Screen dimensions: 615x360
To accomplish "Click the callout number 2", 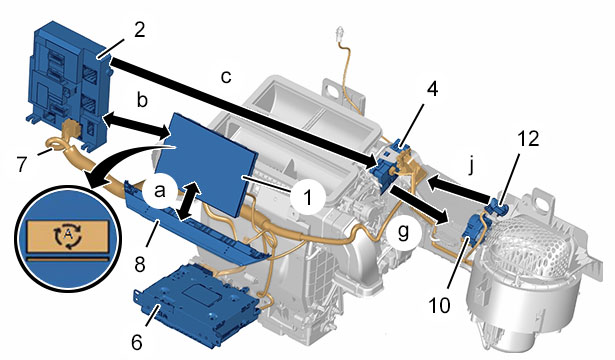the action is click(x=140, y=30).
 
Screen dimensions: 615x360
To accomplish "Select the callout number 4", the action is click(x=432, y=89).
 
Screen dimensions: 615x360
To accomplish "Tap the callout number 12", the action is click(x=528, y=138).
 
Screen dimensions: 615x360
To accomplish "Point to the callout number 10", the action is click(x=439, y=305).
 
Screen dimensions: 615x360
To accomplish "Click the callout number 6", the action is click(x=136, y=342).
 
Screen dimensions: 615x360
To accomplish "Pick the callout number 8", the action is click(x=140, y=264).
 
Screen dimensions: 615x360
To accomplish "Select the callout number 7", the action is click(x=21, y=164).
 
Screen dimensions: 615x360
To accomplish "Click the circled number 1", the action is click(x=308, y=196).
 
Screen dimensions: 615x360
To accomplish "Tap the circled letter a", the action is click(x=159, y=191).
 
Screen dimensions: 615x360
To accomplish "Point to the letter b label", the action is click(x=142, y=100).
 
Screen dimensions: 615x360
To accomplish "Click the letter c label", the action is click(x=226, y=77).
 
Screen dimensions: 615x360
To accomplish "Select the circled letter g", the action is click(x=404, y=231).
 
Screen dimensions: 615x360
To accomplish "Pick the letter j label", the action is click(x=472, y=166).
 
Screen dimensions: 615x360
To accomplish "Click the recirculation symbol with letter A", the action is click(x=67, y=235).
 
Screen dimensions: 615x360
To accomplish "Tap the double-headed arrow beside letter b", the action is click(x=136, y=126).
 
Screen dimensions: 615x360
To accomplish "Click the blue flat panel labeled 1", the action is click(x=207, y=164).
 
